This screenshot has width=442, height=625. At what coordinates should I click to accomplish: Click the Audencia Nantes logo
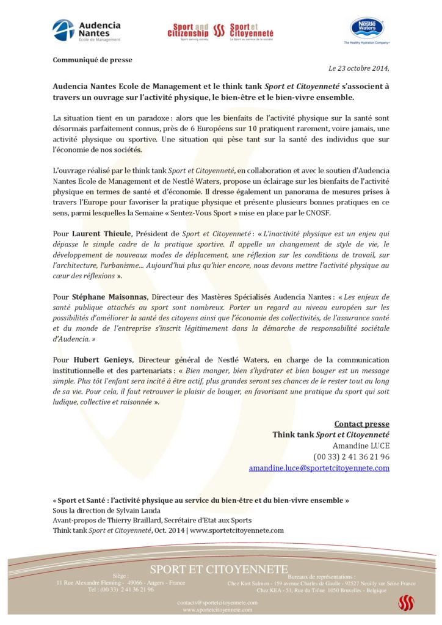pyautogui.click(x=86, y=31)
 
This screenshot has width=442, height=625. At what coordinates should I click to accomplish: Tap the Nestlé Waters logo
pyautogui.click(x=366, y=30)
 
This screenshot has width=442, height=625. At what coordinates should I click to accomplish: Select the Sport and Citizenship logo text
pyautogui.click(x=189, y=31)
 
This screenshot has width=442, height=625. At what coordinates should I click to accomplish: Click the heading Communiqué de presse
pyautogui.click(x=92, y=60)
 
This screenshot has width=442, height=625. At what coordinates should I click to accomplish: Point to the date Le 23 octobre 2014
pyautogui.click(x=358, y=68)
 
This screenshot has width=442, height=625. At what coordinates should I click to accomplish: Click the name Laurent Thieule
pyautogui.click(x=101, y=234)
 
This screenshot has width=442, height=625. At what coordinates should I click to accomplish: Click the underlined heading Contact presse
pyautogui.click(x=361, y=424)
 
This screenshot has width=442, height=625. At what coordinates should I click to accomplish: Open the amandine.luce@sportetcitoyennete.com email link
pyautogui.click(x=319, y=468)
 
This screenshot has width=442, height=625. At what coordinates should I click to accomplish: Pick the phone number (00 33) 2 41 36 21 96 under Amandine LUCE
pyautogui.click(x=351, y=457)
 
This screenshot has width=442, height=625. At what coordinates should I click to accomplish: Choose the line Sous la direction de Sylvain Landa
pyautogui.click(x=107, y=510)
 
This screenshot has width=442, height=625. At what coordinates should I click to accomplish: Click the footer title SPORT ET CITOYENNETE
pyautogui.click(x=219, y=569)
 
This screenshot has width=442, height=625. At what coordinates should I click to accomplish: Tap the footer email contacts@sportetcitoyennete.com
pyautogui.click(x=217, y=602)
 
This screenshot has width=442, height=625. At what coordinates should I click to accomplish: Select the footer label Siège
pyautogui.click(x=120, y=576)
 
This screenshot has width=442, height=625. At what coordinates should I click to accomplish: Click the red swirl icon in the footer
pyautogui.click(x=406, y=603)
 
